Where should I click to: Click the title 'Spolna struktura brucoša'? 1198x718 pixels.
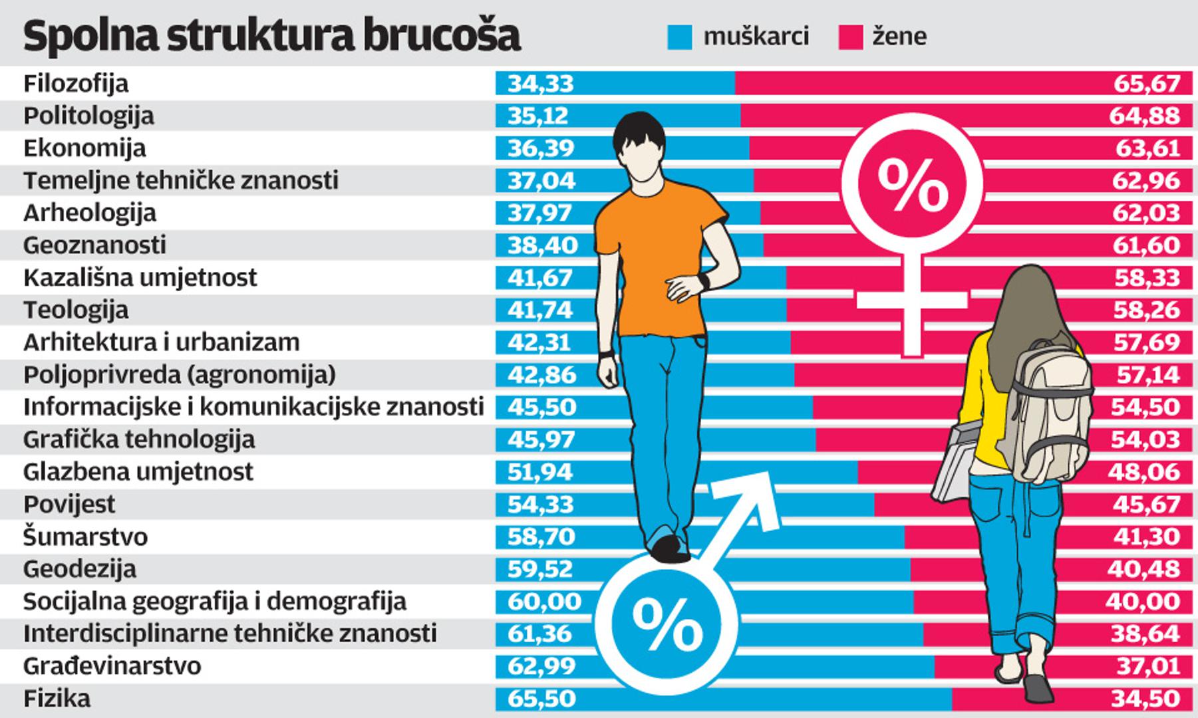pos(271,36)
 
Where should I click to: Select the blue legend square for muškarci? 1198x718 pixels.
pos(680,37)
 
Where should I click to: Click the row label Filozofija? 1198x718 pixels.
pos(76,84)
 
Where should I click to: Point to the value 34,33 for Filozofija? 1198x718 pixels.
pos(540,84)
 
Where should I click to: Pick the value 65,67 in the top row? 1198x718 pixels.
pos(1147,84)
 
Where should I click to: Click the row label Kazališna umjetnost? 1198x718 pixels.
pos(140,277)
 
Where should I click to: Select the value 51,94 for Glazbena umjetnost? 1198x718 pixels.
pos(539,472)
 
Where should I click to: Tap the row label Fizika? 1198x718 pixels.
pos(57,699)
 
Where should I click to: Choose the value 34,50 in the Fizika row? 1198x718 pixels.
pos(1146,699)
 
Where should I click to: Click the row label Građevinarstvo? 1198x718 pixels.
pos(112,666)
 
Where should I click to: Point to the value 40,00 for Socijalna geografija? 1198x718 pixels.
pos(1142,602)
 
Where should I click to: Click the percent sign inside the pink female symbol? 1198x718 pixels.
pos(912,185)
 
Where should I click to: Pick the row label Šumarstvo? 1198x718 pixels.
pos(85,537)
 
